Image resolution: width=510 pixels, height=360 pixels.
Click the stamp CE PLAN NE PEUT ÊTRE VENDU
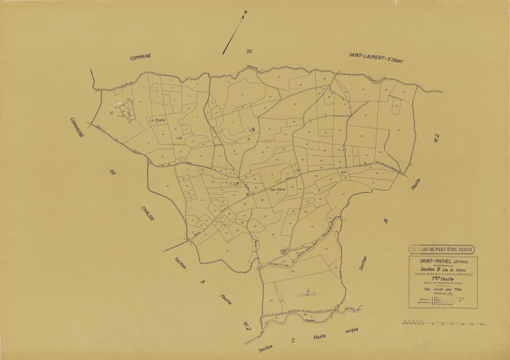(441, 250)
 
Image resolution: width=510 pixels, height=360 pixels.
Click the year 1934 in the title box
(456, 289)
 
